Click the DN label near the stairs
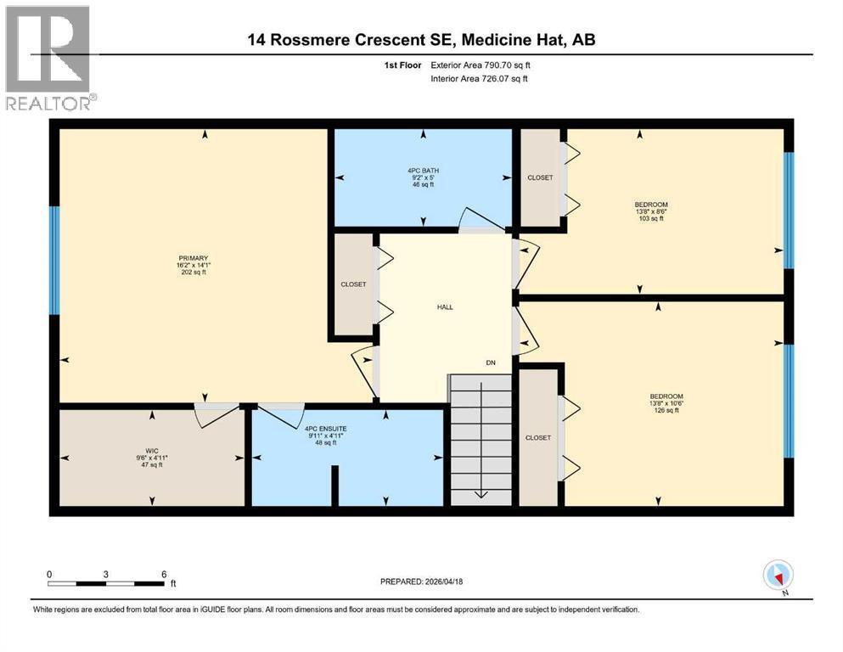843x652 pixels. (490, 363)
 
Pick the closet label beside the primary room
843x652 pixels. (353, 284)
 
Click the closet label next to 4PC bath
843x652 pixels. (540, 177)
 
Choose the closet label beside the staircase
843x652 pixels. (537, 437)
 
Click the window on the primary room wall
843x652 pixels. (55, 260)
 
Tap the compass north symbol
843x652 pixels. (778, 576)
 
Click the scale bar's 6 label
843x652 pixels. (163, 574)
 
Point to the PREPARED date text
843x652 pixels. (422, 582)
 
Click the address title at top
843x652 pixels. (420, 39)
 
